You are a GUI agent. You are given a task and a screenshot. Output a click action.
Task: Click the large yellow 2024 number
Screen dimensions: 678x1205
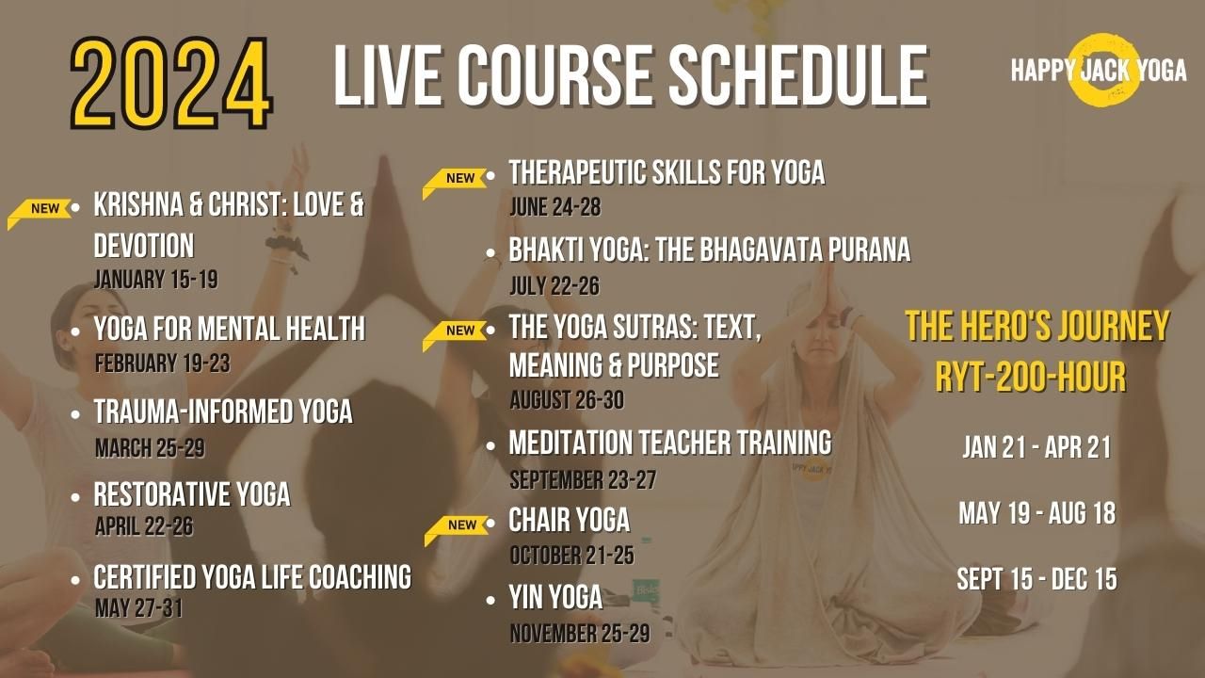point(171,83)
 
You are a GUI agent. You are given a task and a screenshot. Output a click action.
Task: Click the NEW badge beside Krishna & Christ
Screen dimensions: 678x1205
point(42,209)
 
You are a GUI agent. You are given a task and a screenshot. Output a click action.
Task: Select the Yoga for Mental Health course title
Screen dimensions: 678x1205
point(229,329)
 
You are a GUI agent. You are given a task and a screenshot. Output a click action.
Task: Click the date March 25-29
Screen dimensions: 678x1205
point(150,448)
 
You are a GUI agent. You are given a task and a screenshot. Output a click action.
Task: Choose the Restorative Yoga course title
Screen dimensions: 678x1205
point(192,494)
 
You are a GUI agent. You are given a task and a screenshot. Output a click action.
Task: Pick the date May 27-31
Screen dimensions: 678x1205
point(138,607)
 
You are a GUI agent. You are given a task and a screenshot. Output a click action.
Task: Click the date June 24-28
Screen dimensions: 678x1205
point(554,207)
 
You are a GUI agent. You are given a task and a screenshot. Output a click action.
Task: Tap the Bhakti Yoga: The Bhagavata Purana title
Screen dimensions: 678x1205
point(709,250)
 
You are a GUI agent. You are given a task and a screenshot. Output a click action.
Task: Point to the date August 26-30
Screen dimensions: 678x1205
point(566,400)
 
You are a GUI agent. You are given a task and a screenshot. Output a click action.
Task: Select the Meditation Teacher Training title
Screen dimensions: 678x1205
point(669,442)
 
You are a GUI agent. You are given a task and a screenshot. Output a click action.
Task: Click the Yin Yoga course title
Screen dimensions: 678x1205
point(555,596)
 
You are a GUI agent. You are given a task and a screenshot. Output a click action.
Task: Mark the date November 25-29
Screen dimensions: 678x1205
point(579,633)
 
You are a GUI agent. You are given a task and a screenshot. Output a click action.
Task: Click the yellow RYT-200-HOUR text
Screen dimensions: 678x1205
point(1030,378)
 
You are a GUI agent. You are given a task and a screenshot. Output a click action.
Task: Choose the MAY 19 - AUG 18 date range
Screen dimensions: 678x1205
point(1036,513)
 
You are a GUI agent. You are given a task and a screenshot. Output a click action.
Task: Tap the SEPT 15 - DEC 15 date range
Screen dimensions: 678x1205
point(1036,579)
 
